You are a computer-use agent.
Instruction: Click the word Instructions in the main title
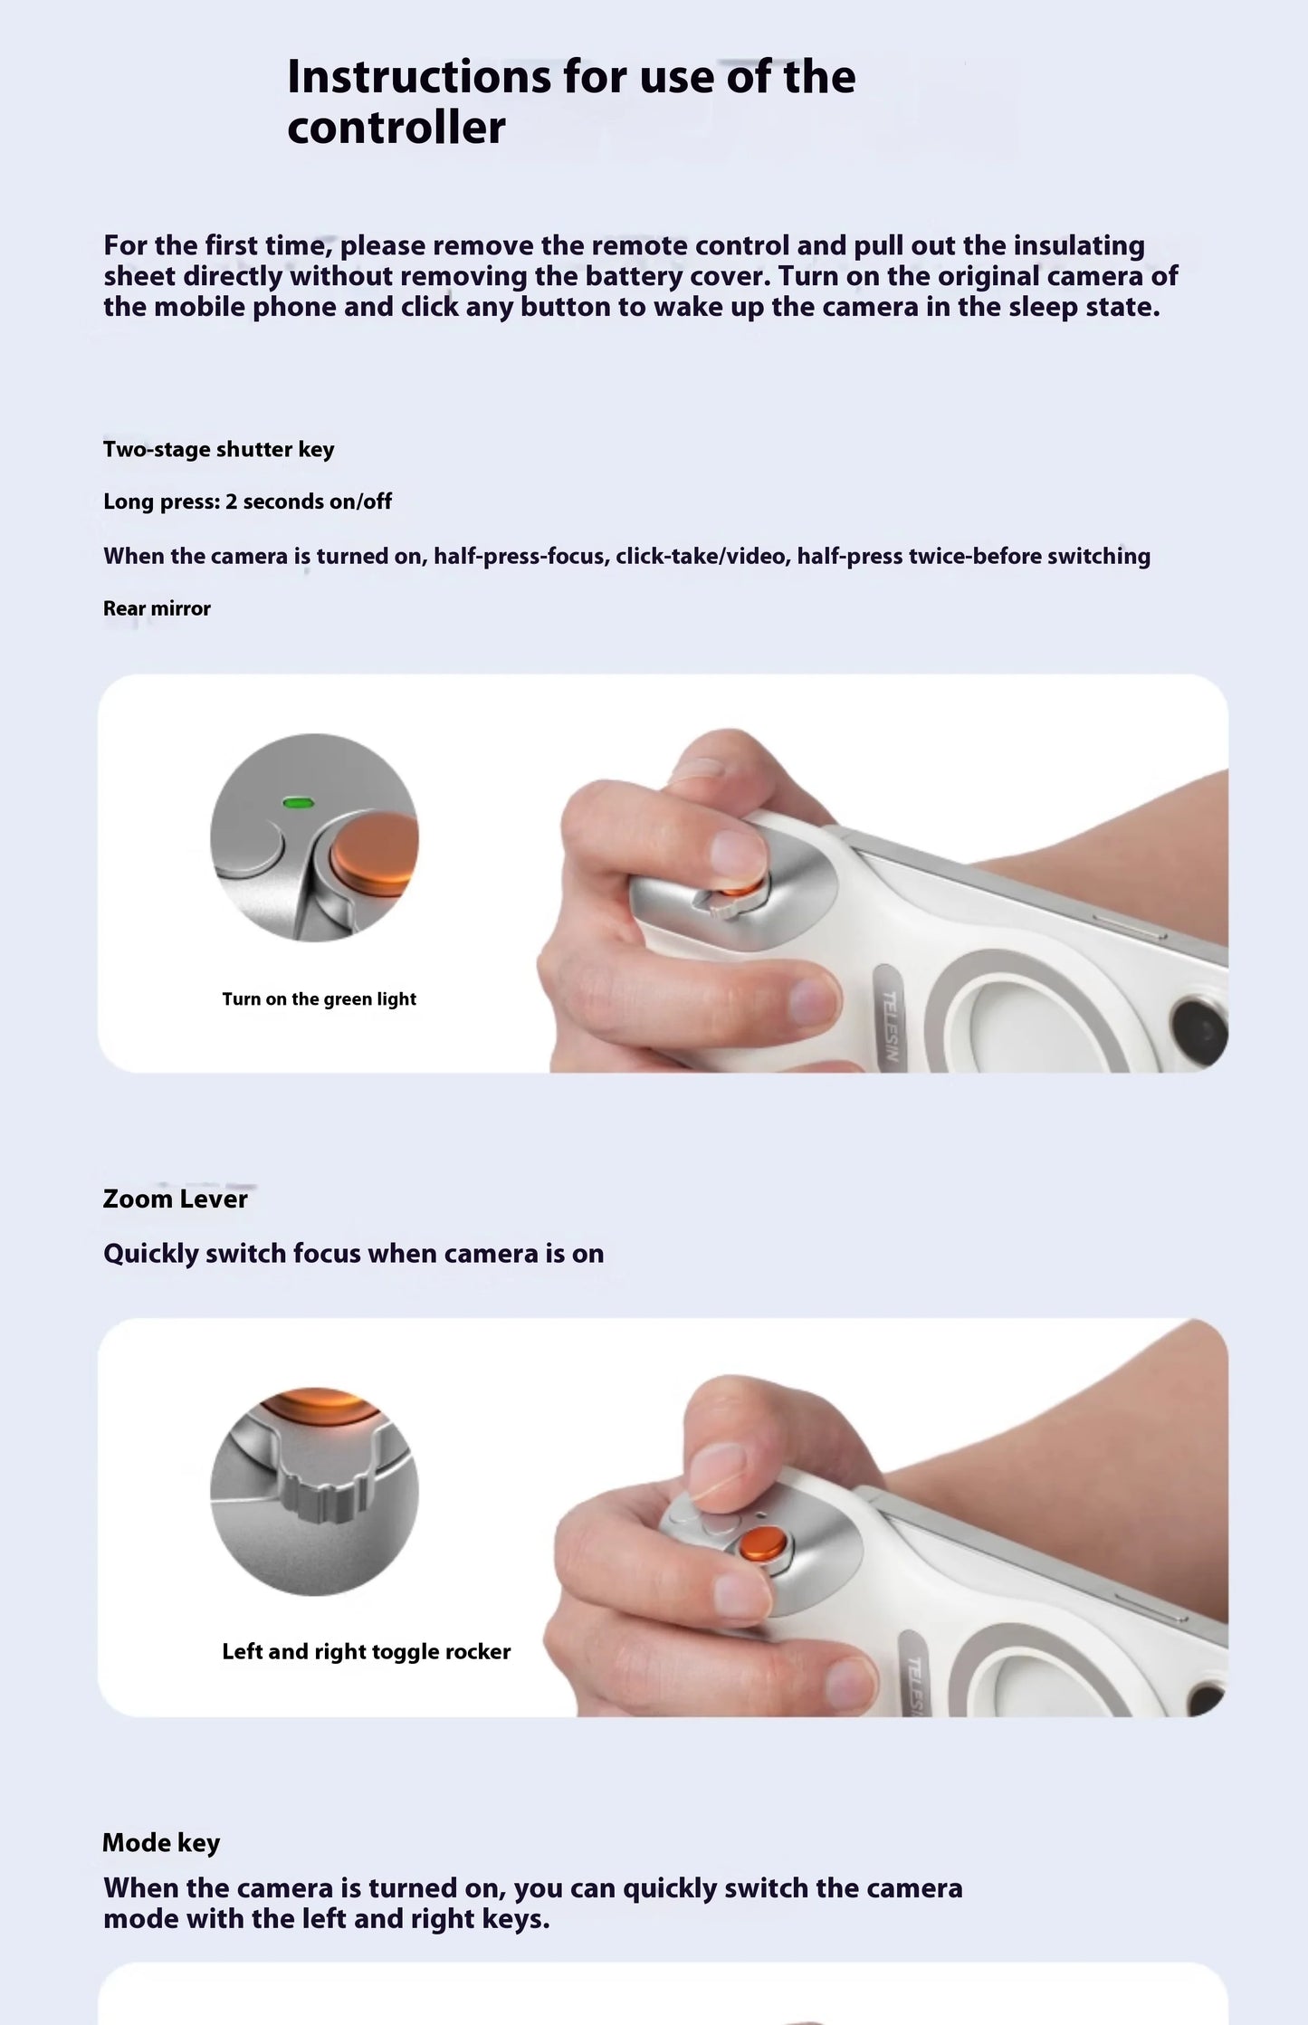[x=418, y=77]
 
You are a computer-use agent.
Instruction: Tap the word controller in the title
[x=396, y=128]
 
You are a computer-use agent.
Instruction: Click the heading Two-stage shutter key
[x=218, y=450]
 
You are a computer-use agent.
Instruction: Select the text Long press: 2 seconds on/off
[x=247, y=501]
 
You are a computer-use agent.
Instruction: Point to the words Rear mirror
[x=157, y=608]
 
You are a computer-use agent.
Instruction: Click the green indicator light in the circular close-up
[x=297, y=802]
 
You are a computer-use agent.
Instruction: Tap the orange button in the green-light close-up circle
[x=373, y=855]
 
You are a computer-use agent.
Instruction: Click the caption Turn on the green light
[x=319, y=999]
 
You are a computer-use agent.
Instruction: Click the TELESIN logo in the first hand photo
[x=891, y=1026]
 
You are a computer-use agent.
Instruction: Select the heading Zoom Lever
[x=175, y=1199]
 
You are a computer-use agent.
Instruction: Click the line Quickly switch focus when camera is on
[x=353, y=1254]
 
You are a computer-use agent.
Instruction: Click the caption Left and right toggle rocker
[x=366, y=1652]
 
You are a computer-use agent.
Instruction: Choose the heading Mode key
[x=161, y=1843]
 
